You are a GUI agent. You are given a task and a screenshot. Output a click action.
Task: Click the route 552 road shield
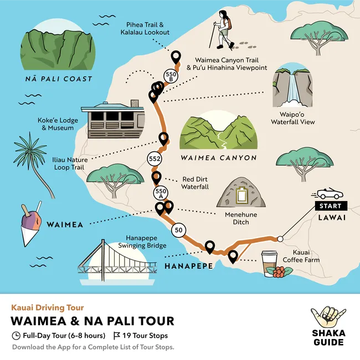point(155,160)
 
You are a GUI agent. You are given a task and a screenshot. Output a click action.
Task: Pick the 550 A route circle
point(160,193)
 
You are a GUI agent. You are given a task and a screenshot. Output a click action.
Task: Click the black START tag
point(331,206)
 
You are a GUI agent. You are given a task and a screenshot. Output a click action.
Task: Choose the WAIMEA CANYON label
point(219,158)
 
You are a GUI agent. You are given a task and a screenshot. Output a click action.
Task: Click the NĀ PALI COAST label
point(59,79)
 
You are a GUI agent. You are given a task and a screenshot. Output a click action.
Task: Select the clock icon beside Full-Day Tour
point(16,336)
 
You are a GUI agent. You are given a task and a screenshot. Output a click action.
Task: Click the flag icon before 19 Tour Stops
point(117,336)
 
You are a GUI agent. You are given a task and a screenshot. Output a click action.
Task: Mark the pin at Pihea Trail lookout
point(176,56)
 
